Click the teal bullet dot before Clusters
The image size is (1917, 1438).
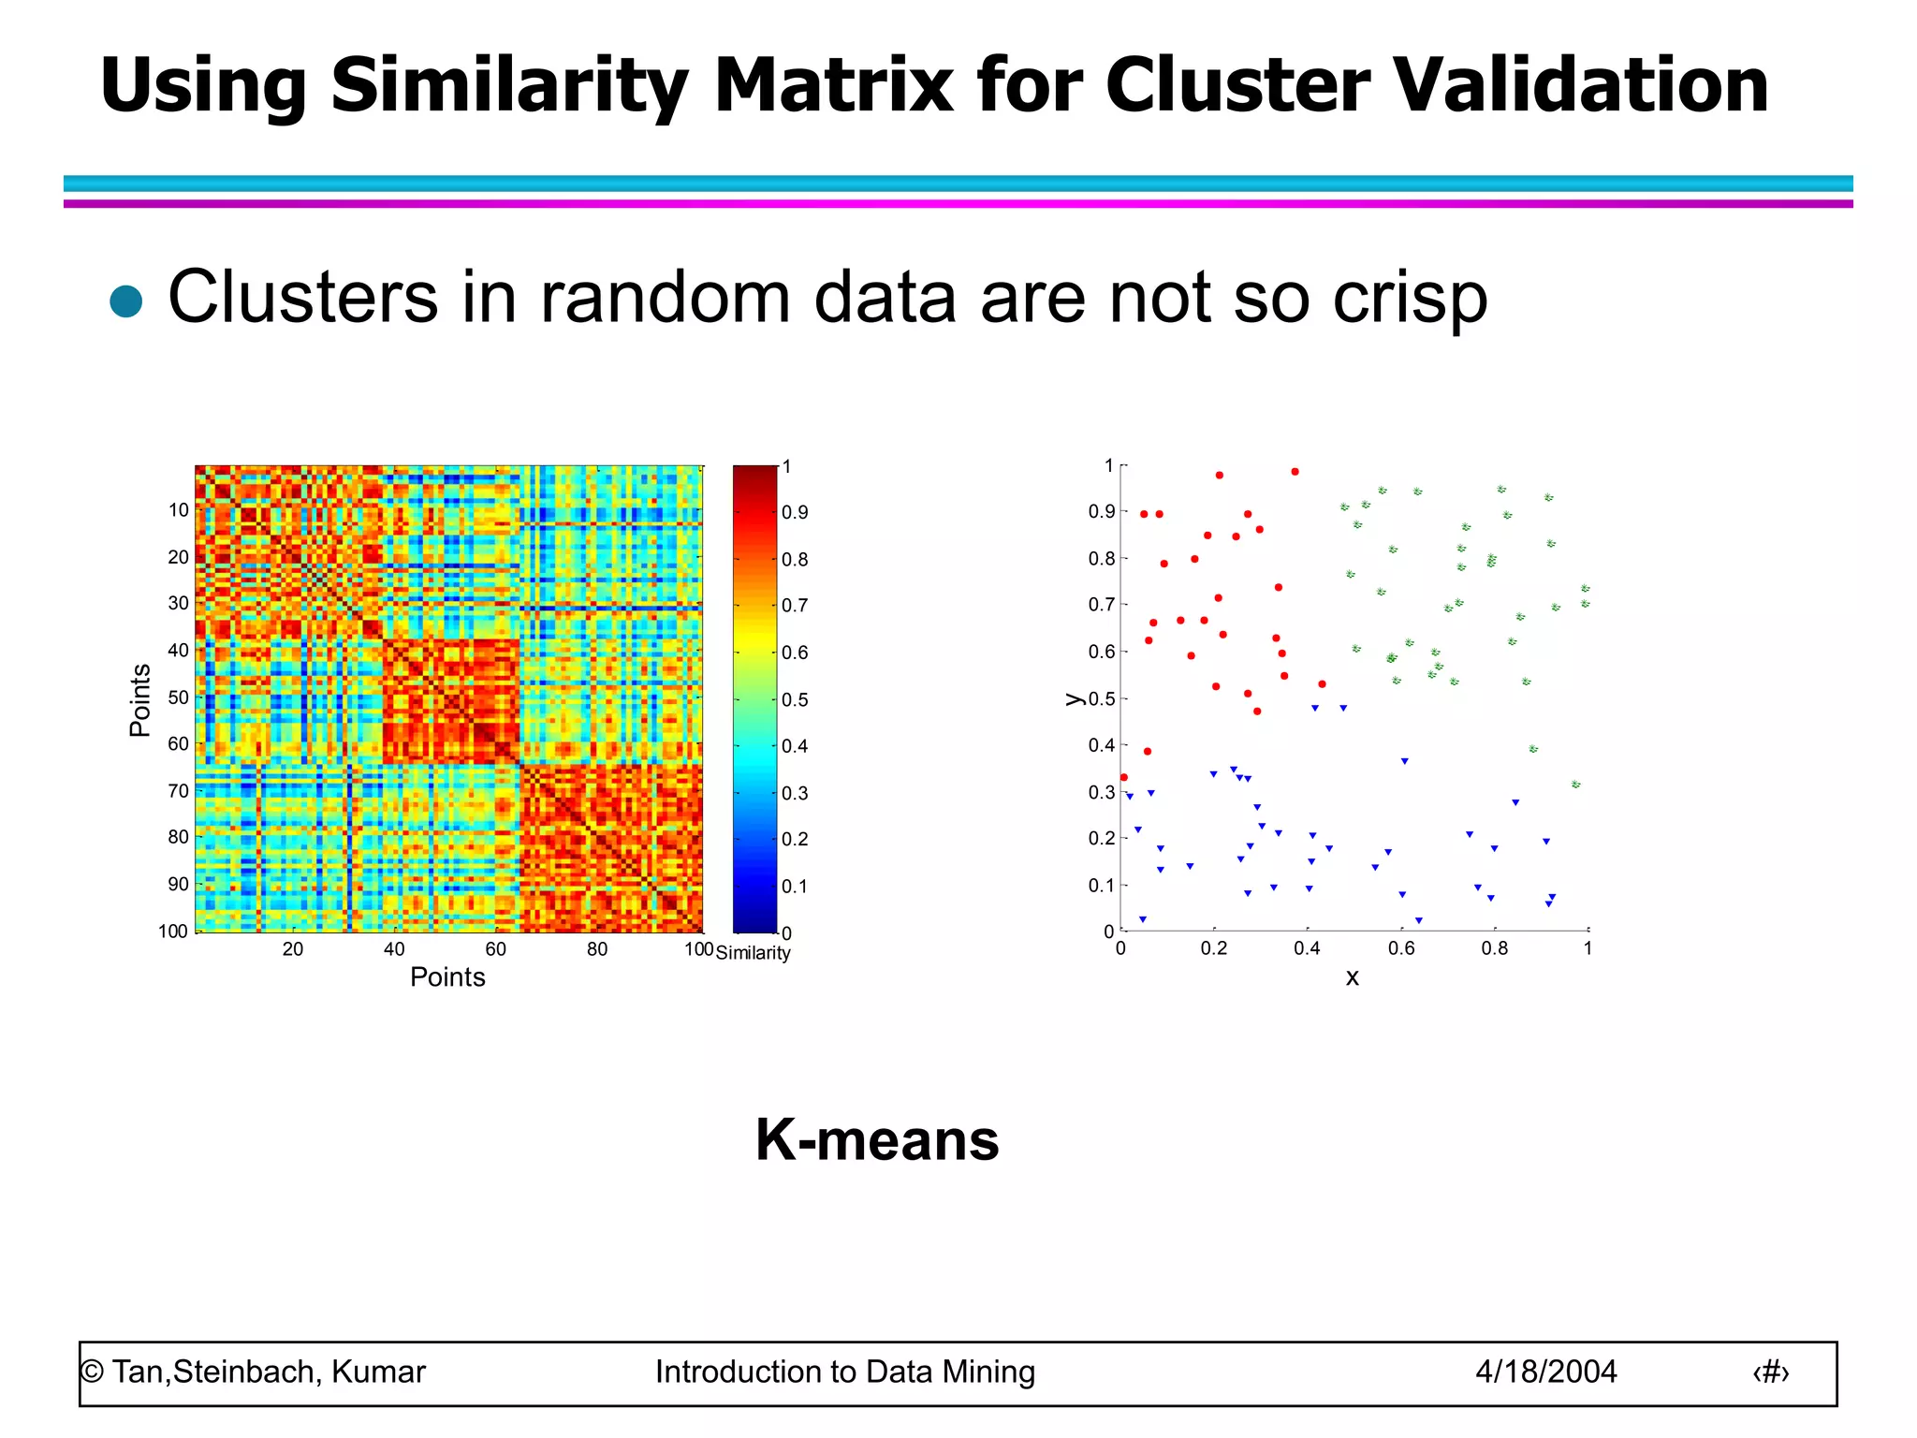[126, 301]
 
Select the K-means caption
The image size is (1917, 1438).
[877, 1139]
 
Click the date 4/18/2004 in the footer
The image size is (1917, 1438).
[1545, 1372]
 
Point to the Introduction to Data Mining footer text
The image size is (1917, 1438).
[844, 1372]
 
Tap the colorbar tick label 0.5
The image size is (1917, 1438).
[795, 700]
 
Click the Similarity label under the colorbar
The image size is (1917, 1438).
[753, 953]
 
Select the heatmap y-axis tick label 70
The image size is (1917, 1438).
[178, 791]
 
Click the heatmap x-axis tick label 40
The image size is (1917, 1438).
[394, 949]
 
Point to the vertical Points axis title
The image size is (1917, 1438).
[140, 700]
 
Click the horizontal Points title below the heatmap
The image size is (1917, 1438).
[447, 977]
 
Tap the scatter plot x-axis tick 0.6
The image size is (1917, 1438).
[1400, 948]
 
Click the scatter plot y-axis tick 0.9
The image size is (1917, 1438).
[1101, 512]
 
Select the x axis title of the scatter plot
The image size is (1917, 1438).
[1352, 977]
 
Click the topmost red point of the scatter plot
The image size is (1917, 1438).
[1295, 472]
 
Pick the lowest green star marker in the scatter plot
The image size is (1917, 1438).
[1575, 785]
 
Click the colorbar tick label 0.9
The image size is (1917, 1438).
[795, 513]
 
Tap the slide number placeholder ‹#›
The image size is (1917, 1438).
[1770, 1372]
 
